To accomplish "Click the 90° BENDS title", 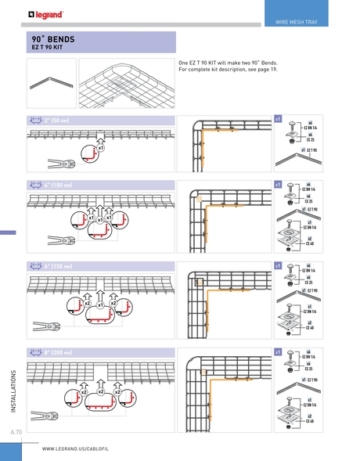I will tap(53, 38).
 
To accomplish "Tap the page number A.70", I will tap(16, 432).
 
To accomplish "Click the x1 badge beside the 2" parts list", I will tap(278, 118).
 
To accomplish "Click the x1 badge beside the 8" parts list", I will tap(278, 354).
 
